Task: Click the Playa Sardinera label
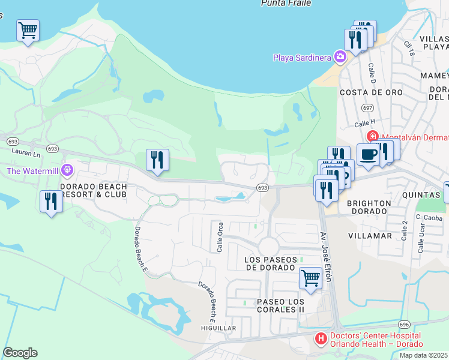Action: (303, 58)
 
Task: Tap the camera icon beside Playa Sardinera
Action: (340, 57)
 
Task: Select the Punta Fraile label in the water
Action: (286, 3)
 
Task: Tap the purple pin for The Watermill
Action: (66, 170)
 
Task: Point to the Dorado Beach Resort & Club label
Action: (94, 190)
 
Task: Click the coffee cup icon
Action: (367, 154)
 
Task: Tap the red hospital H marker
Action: (321, 340)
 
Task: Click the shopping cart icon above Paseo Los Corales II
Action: (310, 277)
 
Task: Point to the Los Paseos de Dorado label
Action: (272, 263)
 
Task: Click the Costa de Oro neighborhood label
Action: (363, 92)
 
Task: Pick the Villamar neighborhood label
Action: (369, 236)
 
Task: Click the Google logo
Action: (20, 353)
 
